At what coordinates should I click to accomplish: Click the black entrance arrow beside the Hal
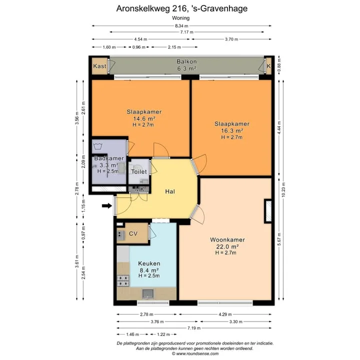click(x=107, y=205)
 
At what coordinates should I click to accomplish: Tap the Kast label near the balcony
click(x=99, y=66)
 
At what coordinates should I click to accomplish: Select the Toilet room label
click(x=139, y=171)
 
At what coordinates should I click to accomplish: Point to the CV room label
click(x=133, y=233)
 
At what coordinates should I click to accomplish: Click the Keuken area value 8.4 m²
click(x=149, y=270)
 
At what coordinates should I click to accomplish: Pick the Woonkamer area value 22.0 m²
click(x=227, y=246)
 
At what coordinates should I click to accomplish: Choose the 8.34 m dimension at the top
click(x=181, y=26)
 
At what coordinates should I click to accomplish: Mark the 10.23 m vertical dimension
click(x=283, y=189)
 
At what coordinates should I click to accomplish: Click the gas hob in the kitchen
click(x=123, y=281)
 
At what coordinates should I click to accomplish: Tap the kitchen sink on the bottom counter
click(x=148, y=293)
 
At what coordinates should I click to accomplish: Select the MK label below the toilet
click(x=139, y=189)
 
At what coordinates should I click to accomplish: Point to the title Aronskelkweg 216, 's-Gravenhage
click(x=182, y=8)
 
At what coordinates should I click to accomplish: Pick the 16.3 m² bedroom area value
click(x=232, y=130)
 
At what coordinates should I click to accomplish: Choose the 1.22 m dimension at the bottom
click(x=163, y=334)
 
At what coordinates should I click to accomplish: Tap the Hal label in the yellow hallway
click(x=170, y=191)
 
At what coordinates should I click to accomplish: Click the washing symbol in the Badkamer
click(x=98, y=146)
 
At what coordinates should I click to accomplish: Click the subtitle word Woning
click(x=180, y=18)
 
